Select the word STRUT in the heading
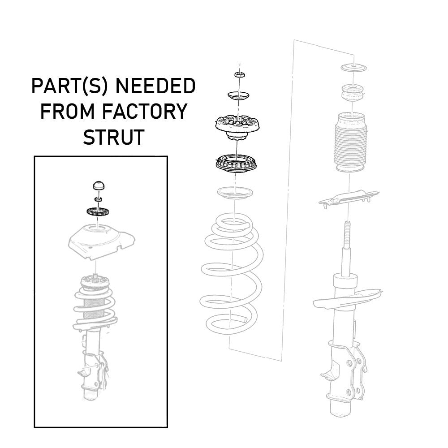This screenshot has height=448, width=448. click(x=114, y=137)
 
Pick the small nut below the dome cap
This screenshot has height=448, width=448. click(x=98, y=198)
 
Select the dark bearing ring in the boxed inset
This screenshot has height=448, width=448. click(x=98, y=211)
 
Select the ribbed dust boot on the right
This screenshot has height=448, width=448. click(x=353, y=142)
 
